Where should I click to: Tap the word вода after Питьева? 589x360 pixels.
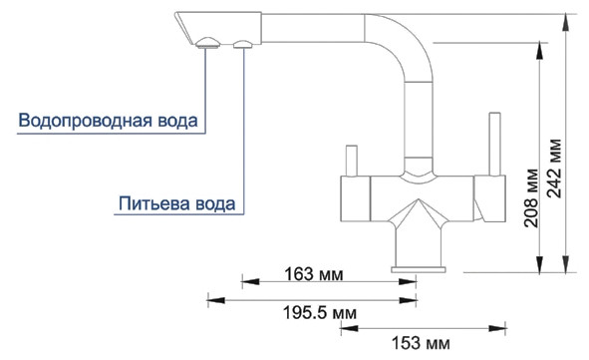pos(215,204)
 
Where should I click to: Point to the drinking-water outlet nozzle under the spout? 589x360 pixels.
pos(242,43)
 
